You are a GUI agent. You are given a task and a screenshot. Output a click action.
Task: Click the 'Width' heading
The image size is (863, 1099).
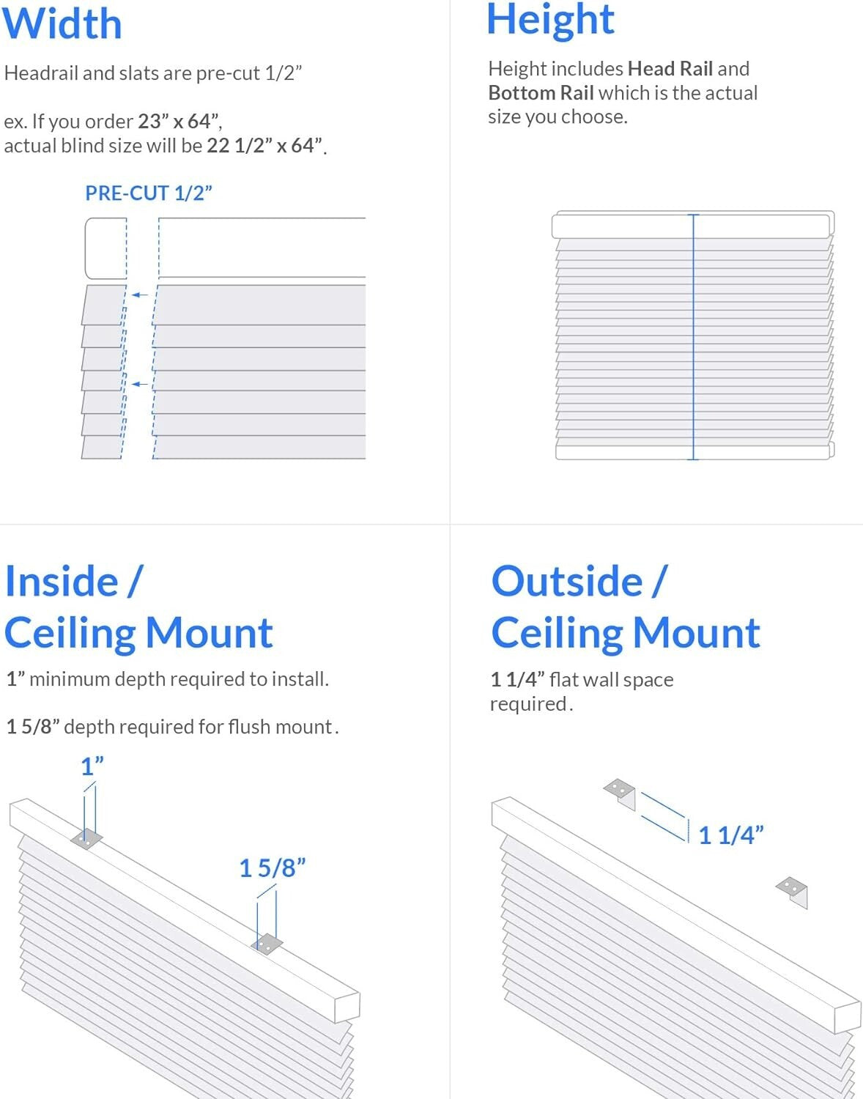click(x=62, y=23)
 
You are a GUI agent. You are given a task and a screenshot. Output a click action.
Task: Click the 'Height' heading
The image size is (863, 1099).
click(x=550, y=20)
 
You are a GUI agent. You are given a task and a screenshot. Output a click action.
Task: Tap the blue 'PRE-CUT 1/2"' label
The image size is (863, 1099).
click(x=149, y=193)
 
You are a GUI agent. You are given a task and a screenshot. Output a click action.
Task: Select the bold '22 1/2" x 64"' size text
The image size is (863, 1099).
click(x=264, y=146)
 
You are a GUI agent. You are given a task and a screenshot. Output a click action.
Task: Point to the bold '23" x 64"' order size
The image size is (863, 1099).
click(x=179, y=121)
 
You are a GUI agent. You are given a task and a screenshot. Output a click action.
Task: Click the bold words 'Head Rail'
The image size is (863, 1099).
click(x=670, y=69)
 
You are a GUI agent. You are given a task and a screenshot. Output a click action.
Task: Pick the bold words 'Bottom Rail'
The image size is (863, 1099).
click(x=541, y=93)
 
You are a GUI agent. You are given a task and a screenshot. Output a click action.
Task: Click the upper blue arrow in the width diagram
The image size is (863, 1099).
click(x=139, y=295)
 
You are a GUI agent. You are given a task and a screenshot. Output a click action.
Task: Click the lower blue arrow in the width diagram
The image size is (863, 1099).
click(x=139, y=384)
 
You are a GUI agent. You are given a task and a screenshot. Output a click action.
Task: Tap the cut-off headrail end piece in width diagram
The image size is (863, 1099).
click(x=105, y=248)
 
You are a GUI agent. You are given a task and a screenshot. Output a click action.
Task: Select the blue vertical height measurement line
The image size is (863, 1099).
click(x=693, y=337)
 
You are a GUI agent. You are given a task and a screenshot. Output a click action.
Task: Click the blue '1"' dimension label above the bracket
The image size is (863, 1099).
click(x=92, y=766)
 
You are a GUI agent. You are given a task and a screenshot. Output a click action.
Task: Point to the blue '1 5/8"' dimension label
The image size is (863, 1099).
click(x=273, y=868)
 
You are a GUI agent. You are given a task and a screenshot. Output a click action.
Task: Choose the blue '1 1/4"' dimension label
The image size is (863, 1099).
click(x=730, y=835)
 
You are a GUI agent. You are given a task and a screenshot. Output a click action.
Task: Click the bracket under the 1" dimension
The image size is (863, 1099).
click(x=86, y=839)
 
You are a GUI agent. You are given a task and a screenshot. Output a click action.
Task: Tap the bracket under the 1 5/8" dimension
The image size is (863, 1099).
click(x=267, y=944)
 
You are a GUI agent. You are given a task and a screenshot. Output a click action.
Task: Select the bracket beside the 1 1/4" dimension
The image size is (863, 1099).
click(x=621, y=793)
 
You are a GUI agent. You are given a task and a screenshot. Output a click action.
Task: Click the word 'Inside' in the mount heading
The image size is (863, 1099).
click(x=62, y=582)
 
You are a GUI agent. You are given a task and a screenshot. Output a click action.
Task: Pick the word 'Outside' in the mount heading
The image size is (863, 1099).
click(x=567, y=582)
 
